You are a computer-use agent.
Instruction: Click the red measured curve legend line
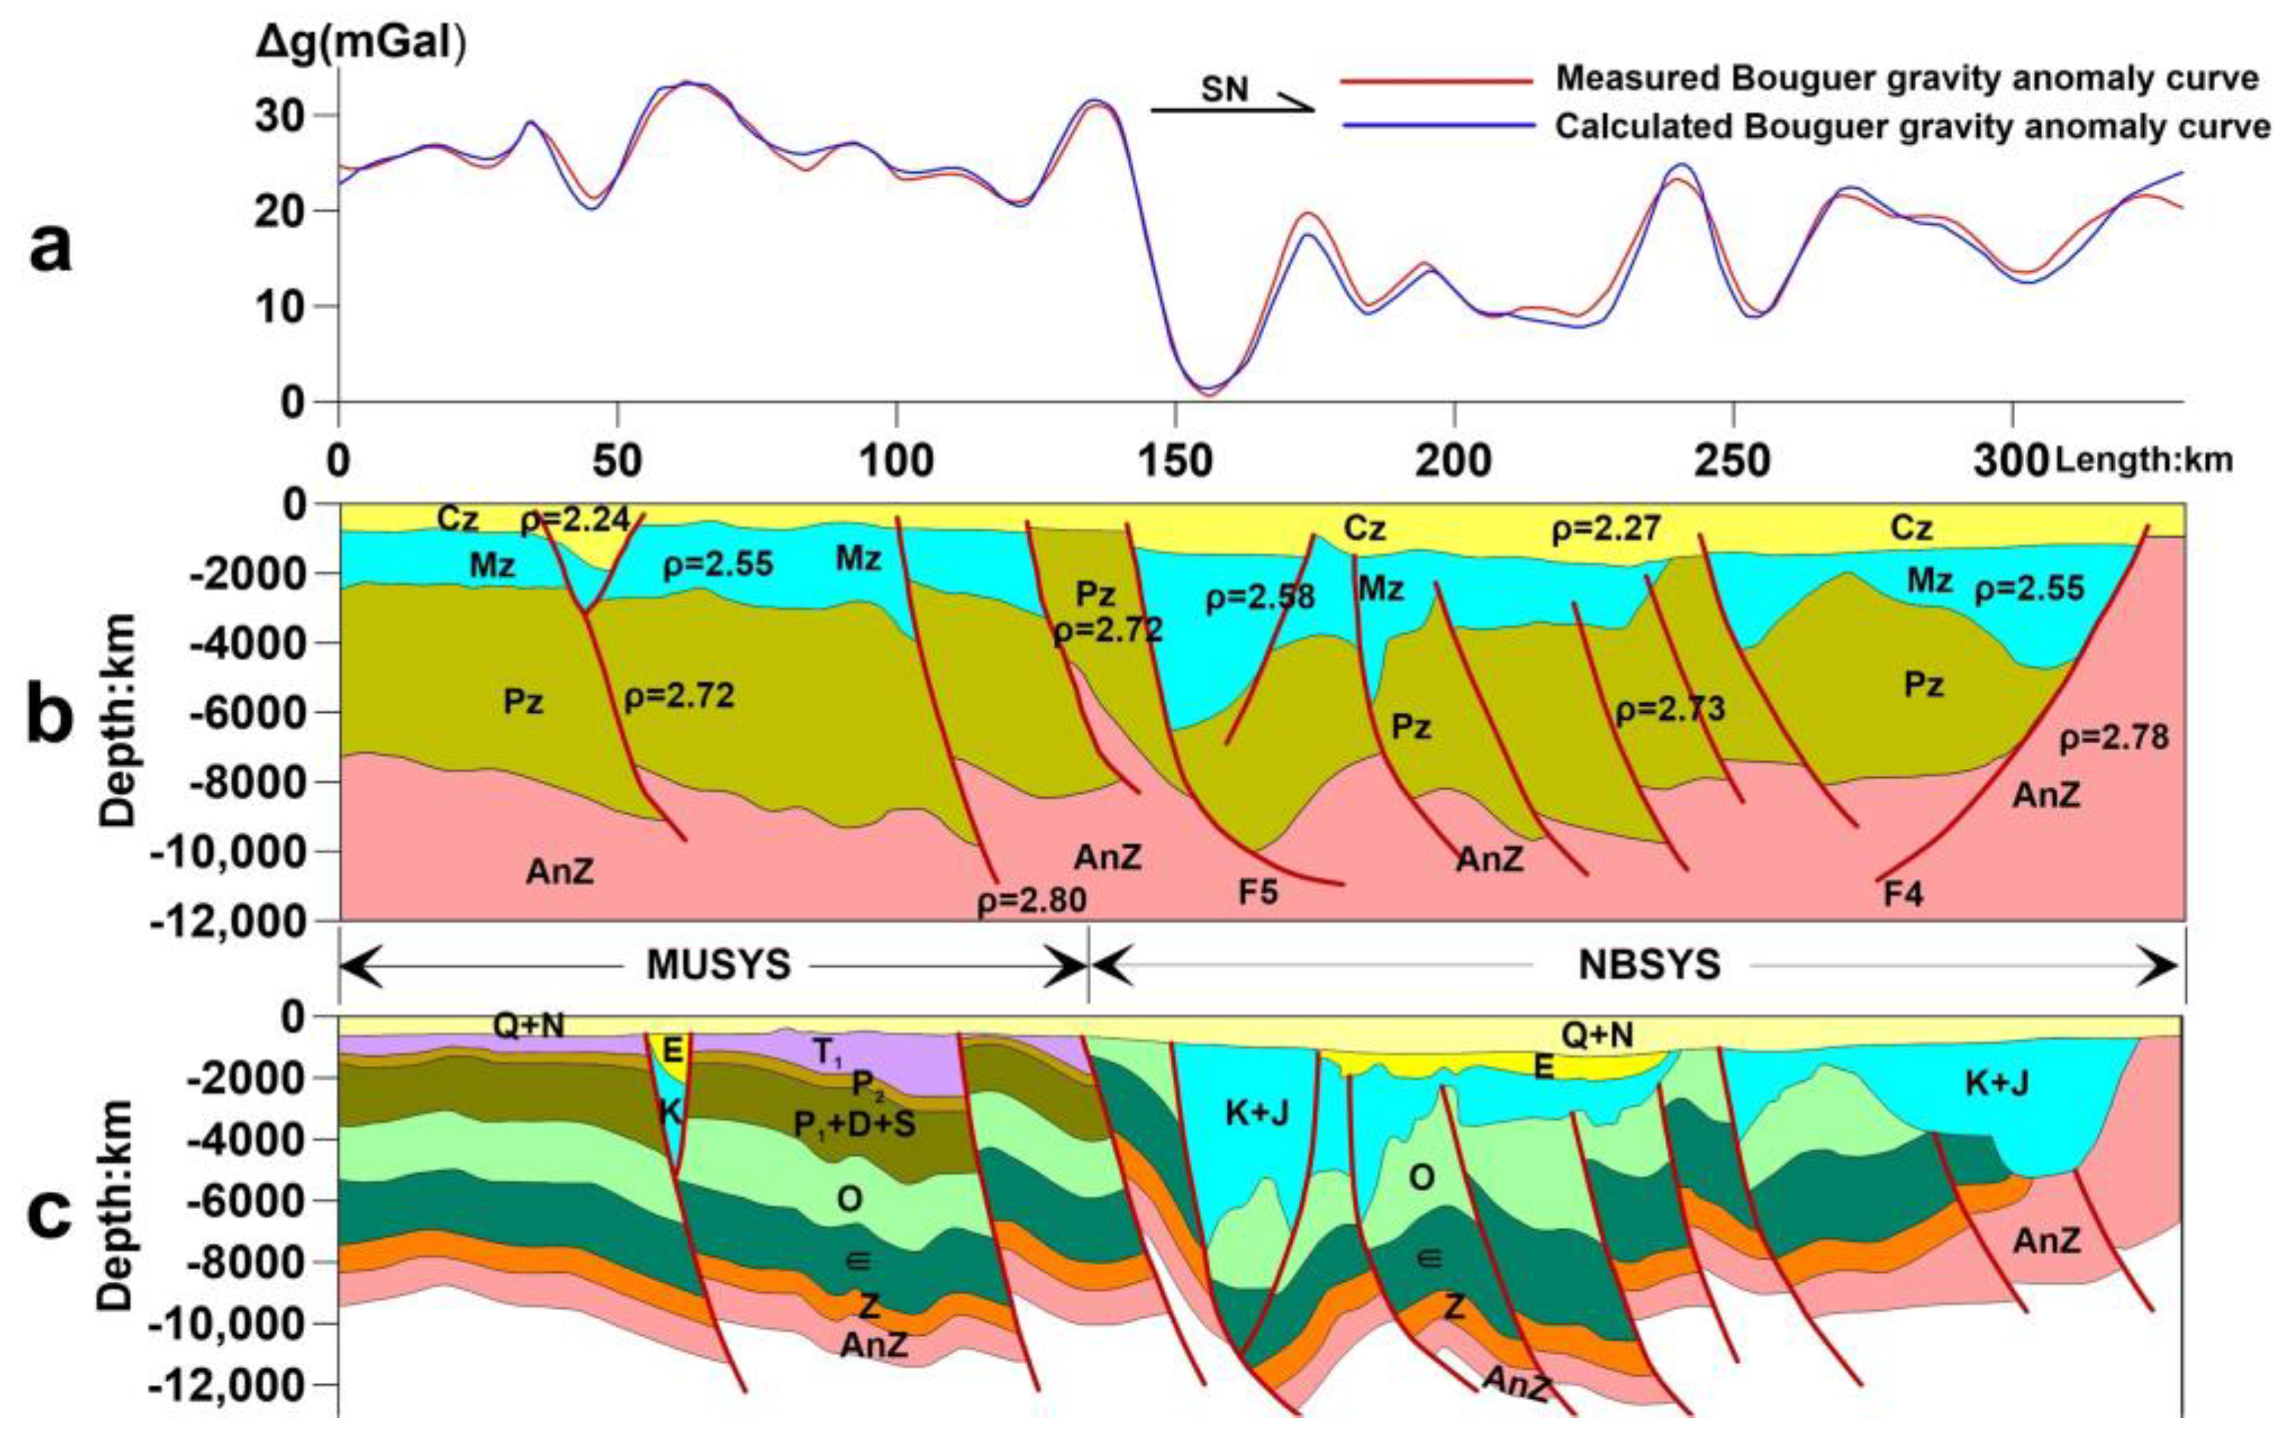1436,82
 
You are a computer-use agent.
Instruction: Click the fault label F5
1257,894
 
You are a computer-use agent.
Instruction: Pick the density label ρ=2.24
574,519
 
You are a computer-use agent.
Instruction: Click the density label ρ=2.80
1032,900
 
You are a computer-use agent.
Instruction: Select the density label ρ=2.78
2114,737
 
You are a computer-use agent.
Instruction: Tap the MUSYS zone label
718,966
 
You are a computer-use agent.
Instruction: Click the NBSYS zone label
1650,966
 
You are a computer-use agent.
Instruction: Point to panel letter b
49,715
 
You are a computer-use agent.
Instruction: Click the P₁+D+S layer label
854,1125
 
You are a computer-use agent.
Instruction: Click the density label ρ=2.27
1606,529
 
